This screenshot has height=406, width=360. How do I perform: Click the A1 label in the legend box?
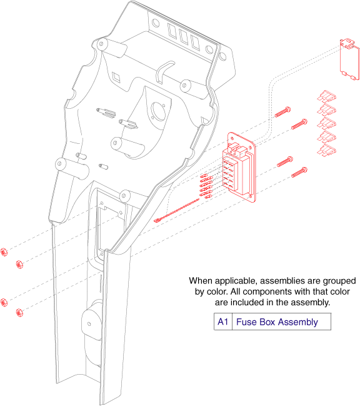[x=222, y=322]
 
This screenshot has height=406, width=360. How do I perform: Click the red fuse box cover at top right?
[x=349, y=60]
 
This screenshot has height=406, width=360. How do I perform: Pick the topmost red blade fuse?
[x=326, y=98]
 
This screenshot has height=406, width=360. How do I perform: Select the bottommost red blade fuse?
[x=327, y=150]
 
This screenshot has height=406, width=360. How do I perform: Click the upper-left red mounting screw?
[x=282, y=112]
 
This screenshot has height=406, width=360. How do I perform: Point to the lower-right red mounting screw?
[x=299, y=172]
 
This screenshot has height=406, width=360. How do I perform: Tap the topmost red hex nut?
[x=4, y=251]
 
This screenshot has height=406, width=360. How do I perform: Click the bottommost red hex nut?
[x=19, y=313]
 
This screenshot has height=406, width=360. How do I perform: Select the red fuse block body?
[x=239, y=168]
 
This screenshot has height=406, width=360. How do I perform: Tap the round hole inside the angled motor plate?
[x=158, y=111]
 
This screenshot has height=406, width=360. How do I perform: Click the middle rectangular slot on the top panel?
[x=184, y=37]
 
